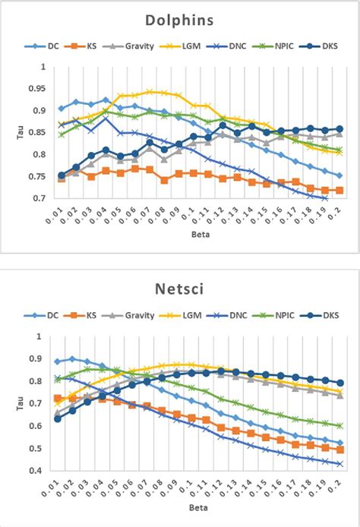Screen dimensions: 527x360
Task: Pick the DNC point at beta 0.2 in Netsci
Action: pos(339,463)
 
